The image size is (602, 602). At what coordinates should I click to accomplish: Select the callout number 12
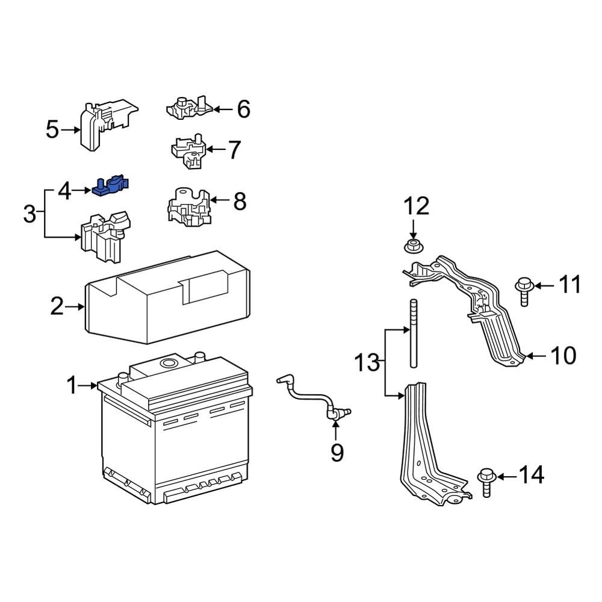click(416, 206)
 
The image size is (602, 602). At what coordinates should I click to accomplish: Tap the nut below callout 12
click(412, 246)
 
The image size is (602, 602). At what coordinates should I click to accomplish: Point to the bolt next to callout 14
click(486, 482)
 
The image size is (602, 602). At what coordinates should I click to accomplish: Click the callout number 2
click(57, 307)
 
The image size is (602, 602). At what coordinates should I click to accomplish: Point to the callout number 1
click(72, 385)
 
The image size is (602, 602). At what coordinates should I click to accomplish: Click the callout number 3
click(29, 214)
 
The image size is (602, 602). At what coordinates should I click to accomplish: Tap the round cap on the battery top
click(168, 363)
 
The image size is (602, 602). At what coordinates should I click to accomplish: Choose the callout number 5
click(52, 129)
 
